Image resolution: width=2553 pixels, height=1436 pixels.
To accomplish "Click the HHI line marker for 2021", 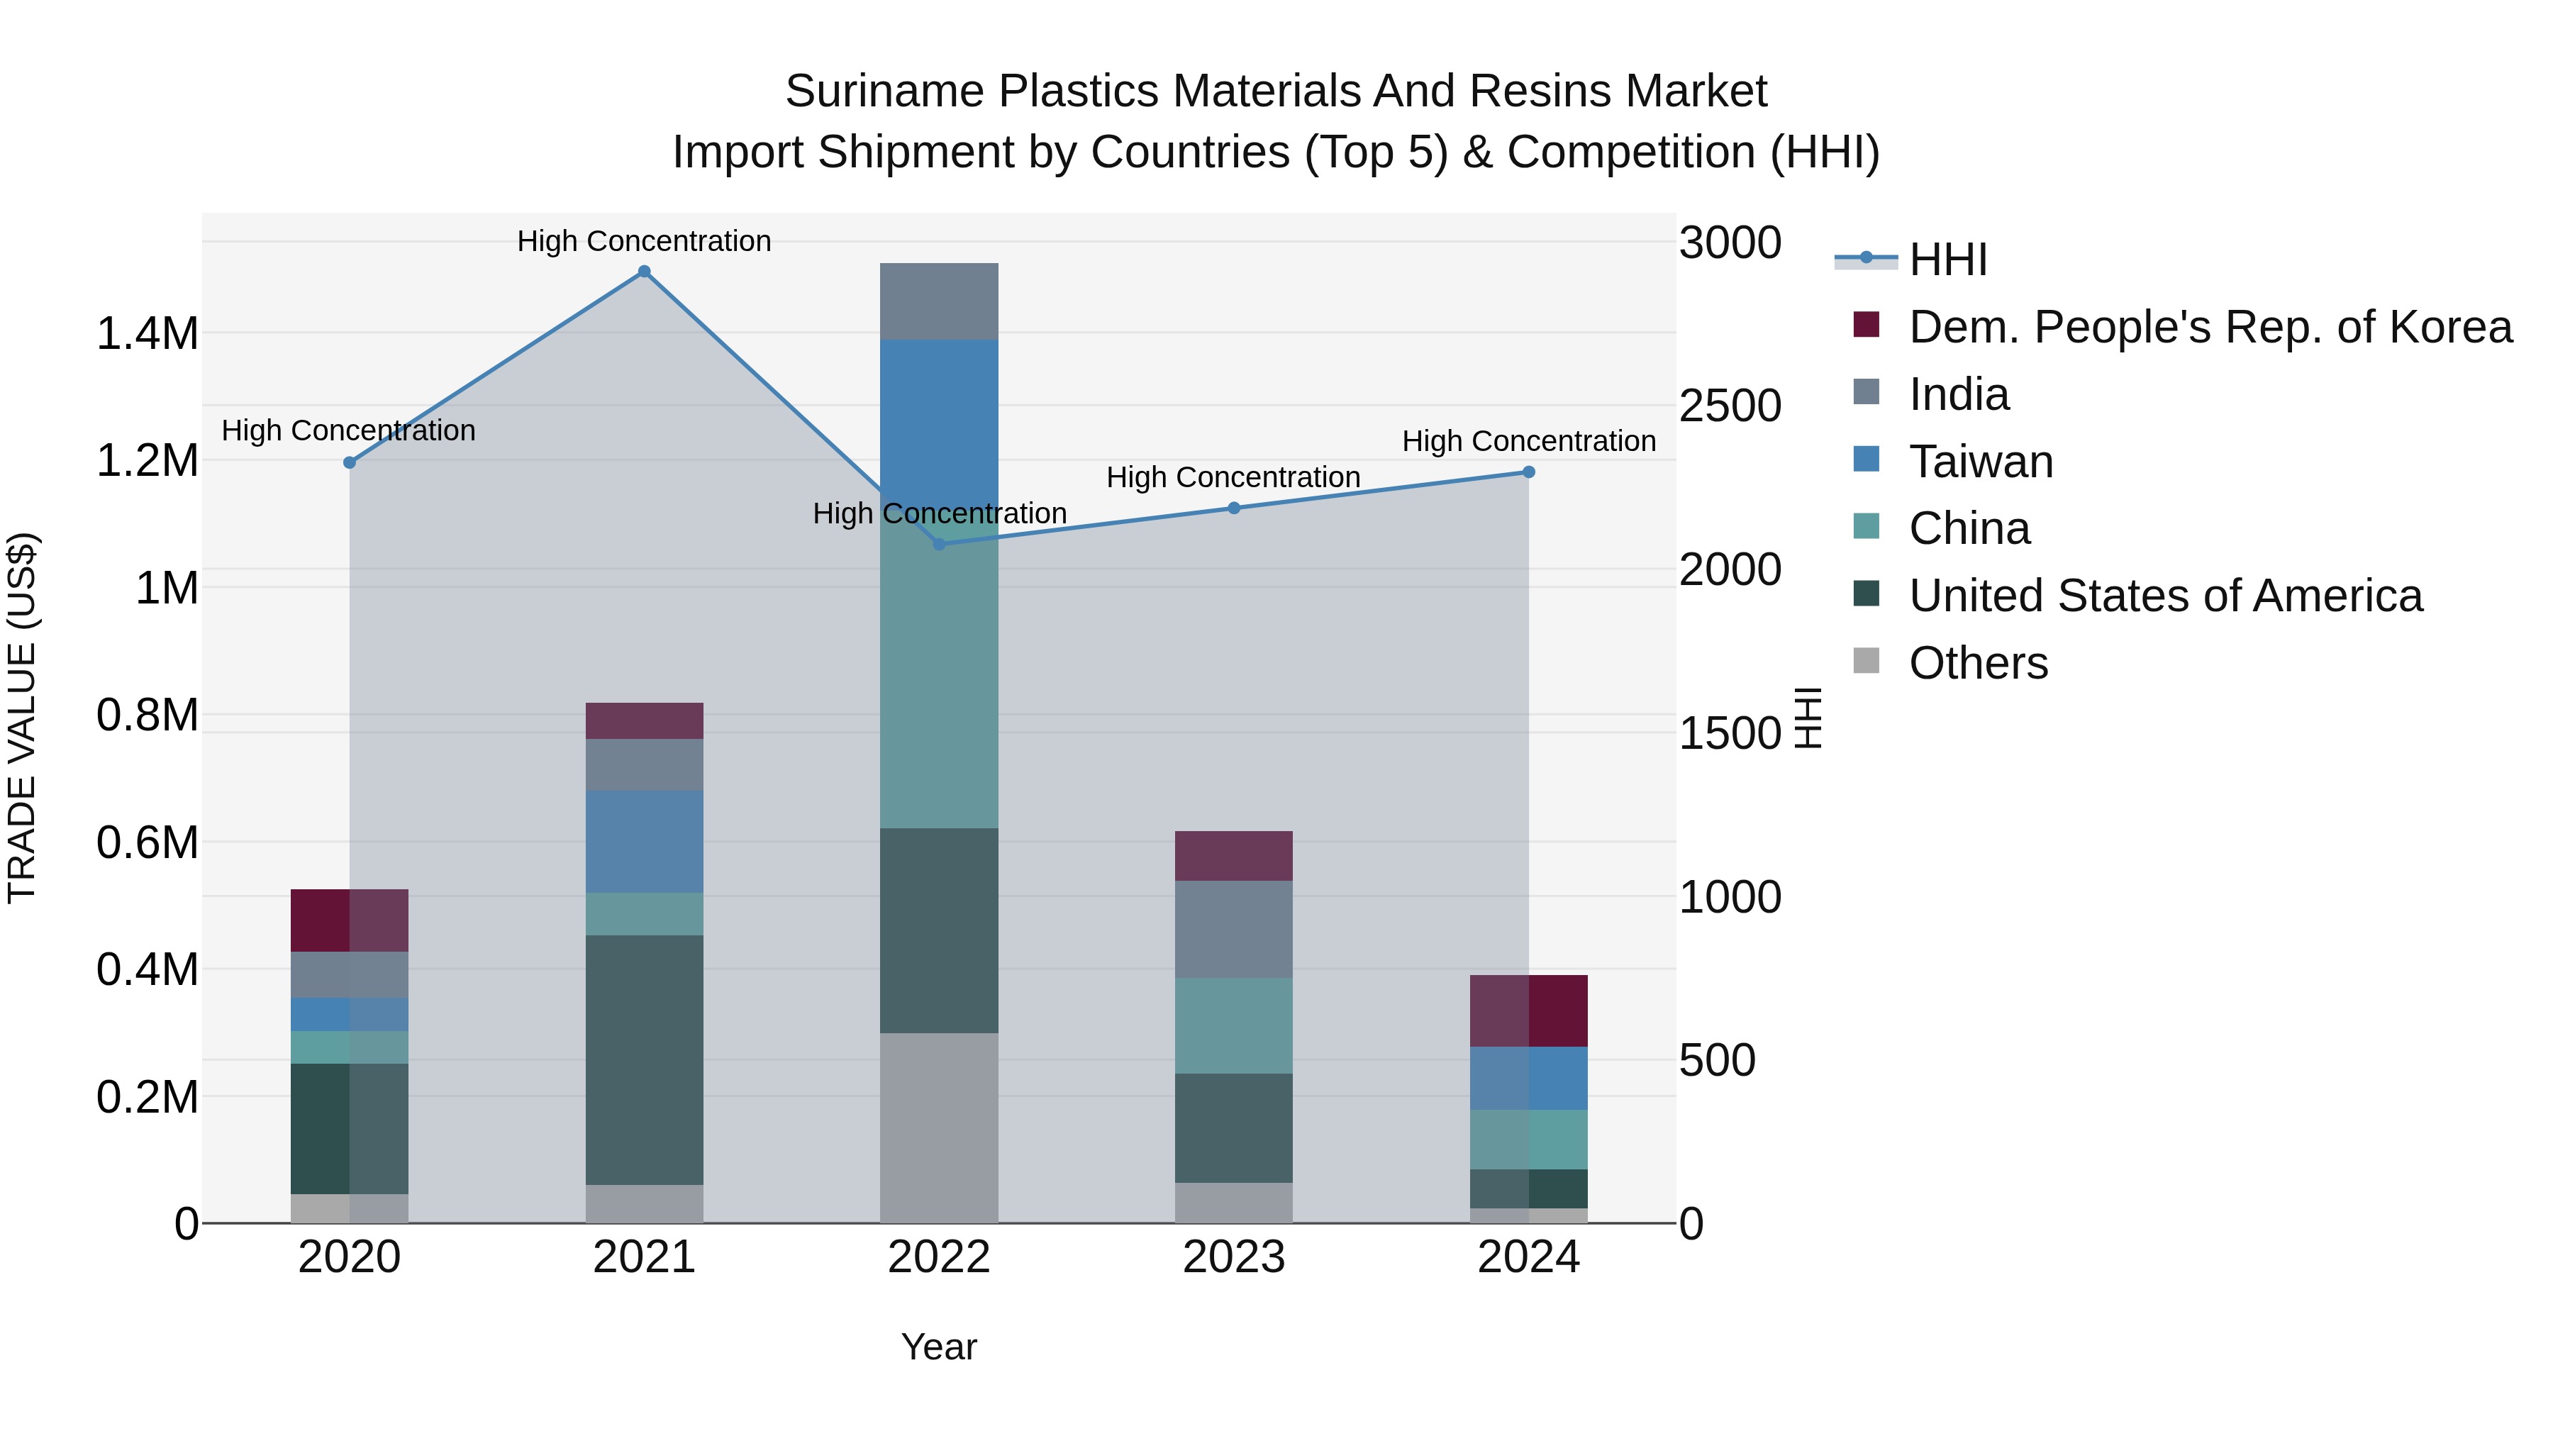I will (x=644, y=272).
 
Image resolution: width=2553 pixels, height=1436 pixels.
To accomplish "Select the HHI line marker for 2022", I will (x=940, y=544).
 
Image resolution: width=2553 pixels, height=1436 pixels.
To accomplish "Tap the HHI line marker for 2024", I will (x=1528, y=473).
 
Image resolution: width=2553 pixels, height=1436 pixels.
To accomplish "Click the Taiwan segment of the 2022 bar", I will (x=940, y=426).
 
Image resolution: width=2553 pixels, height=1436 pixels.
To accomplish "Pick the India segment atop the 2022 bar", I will (x=940, y=301).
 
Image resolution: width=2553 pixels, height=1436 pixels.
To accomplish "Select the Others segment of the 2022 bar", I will (x=940, y=1128).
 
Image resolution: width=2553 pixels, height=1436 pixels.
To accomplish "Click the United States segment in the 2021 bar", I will (x=644, y=1059).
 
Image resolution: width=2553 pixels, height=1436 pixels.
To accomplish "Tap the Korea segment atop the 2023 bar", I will (x=1234, y=856).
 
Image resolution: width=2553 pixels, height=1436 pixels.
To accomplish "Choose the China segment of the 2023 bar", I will (x=1234, y=1025).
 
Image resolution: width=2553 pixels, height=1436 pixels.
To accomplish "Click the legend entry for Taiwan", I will (x=1980, y=462).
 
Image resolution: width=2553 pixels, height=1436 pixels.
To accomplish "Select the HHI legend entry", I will (x=1947, y=260).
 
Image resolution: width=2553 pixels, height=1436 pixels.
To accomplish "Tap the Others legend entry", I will (x=1977, y=663).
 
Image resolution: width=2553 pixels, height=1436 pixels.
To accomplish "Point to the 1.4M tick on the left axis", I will (x=147, y=334).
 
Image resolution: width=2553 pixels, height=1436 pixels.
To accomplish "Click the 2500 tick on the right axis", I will (x=1730, y=406).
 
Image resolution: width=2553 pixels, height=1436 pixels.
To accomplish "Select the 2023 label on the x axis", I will (x=1234, y=1257).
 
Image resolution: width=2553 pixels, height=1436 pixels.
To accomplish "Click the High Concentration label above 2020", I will (x=348, y=431).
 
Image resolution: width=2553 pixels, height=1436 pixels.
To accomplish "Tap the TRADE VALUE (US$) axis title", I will (x=23, y=718).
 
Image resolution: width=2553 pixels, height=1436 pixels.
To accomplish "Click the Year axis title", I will (x=938, y=1347).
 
